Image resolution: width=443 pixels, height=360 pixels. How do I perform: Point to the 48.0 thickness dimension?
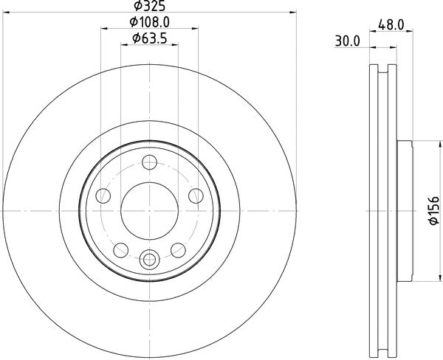(391, 24)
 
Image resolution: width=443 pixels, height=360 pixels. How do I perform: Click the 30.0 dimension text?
(346, 42)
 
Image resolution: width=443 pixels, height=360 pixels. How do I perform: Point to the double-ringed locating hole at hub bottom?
(149, 258)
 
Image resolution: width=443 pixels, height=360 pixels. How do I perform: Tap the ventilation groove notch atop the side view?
(381, 71)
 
